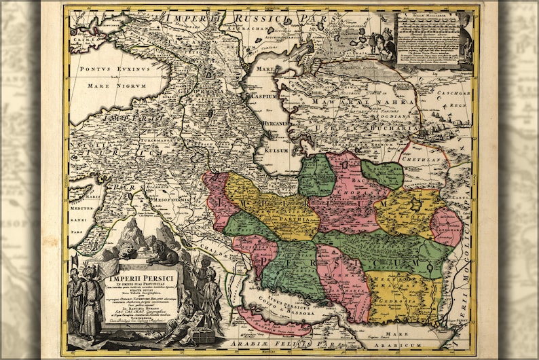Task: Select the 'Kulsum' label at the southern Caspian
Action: pyautogui.click(x=276, y=149)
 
